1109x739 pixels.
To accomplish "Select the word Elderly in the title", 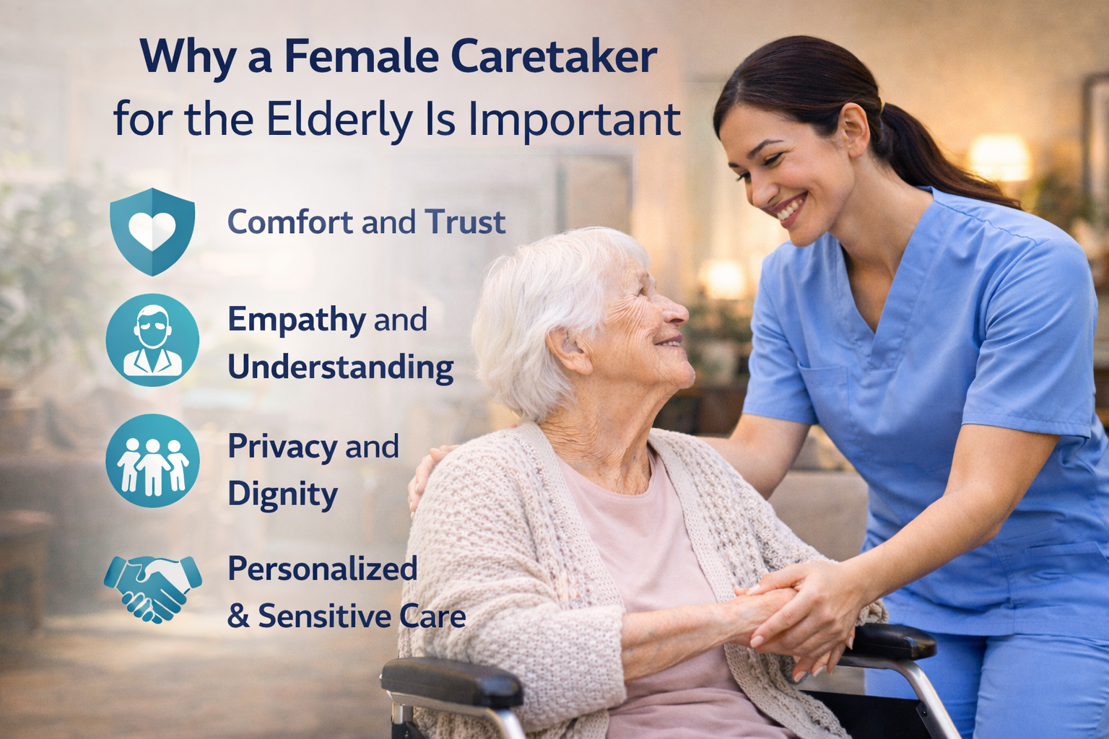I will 339,120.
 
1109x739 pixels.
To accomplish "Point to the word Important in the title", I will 574,120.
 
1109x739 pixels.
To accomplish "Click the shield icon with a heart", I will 152,231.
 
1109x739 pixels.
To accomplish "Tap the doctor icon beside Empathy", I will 152,339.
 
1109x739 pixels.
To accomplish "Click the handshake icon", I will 152,587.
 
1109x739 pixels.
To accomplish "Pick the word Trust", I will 465,222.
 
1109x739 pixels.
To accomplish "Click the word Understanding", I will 340,367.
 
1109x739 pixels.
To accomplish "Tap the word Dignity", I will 282,495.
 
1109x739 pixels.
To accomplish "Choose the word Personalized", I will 323,569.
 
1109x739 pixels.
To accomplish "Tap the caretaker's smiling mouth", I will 789,210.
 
